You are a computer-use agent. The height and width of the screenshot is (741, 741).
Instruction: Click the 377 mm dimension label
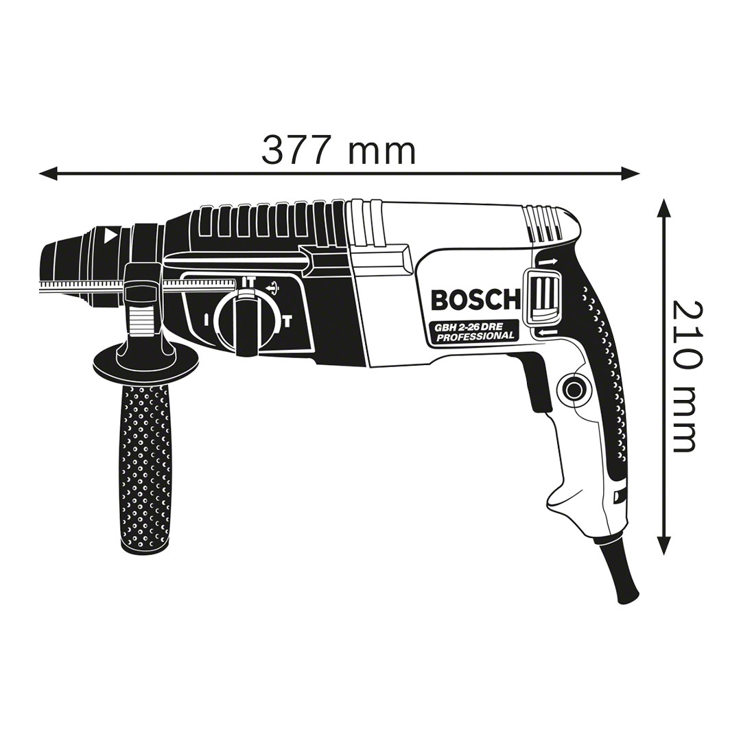(x=338, y=150)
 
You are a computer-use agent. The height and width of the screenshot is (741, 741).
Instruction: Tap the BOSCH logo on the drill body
(x=475, y=300)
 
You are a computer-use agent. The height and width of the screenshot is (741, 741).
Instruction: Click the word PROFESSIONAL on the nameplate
(x=475, y=336)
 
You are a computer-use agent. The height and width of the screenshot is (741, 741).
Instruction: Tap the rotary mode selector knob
(x=244, y=322)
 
